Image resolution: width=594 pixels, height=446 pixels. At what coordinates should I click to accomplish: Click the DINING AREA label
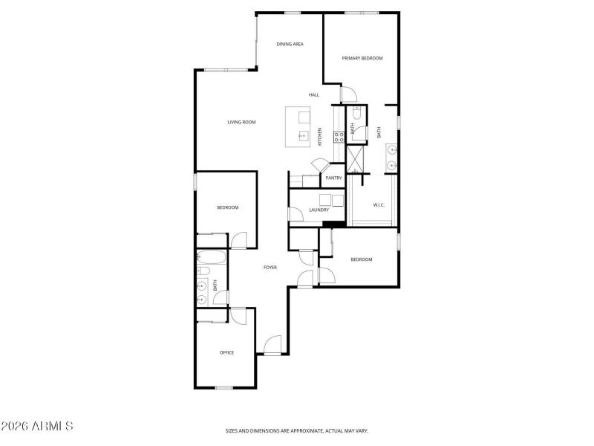tap(290, 44)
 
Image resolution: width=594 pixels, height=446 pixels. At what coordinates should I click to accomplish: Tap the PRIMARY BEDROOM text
tap(362, 58)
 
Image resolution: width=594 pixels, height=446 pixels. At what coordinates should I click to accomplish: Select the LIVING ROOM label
tap(241, 122)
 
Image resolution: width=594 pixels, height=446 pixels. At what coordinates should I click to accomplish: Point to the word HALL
tap(314, 94)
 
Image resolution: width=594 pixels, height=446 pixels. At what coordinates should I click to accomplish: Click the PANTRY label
tap(333, 178)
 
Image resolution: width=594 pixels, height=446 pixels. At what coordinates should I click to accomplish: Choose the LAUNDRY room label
tap(319, 210)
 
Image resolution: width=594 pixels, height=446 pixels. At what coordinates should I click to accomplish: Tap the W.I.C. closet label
tap(377, 204)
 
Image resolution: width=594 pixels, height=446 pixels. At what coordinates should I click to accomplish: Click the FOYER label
tap(270, 267)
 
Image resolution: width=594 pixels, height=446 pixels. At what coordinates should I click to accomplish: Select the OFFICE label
tap(226, 352)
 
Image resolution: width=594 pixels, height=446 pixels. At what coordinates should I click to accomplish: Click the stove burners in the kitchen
tap(338, 136)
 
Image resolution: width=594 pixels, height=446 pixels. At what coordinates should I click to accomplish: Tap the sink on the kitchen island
tap(304, 136)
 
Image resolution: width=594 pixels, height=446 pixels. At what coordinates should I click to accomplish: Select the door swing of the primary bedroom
tap(349, 95)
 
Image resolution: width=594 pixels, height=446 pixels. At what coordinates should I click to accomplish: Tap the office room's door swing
tap(238, 315)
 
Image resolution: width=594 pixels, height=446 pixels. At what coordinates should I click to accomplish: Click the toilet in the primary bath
tap(357, 114)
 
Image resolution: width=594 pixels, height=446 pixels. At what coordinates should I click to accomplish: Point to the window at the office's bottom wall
tap(224, 387)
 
